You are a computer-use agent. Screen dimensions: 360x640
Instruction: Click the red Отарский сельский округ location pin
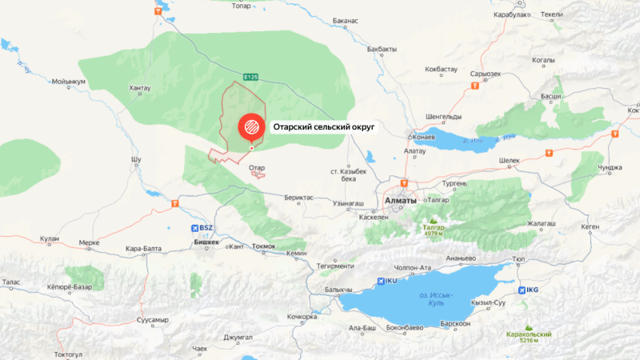pyautogui.click(x=250, y=126)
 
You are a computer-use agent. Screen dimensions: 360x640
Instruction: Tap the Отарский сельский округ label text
pyautogui.click(x=324, y=126)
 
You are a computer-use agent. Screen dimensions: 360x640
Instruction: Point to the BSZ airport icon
pyautogui.click(x=197, y=228)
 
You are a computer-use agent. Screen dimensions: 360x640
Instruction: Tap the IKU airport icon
pyautogui.click(x=380, y=281)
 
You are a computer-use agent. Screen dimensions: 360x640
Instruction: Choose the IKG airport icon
pyautogui.click(x=523, y=290)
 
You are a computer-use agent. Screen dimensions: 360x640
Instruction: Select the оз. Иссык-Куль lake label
pyautogui.click(x=436, y=298)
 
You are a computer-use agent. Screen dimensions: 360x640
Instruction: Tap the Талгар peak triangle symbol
pyautogui.click(x=433, y=220)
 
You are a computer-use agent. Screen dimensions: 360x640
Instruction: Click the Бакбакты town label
pyautogui.click(x=382, y=49)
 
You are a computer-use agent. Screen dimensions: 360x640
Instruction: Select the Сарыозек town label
pyautogui.click(x=486, y=74)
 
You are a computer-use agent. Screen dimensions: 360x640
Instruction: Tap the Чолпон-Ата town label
pyautogui.click(x=414, y=267)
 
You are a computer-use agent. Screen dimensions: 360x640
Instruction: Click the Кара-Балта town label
pyautogui.click(x=144, y=249)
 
